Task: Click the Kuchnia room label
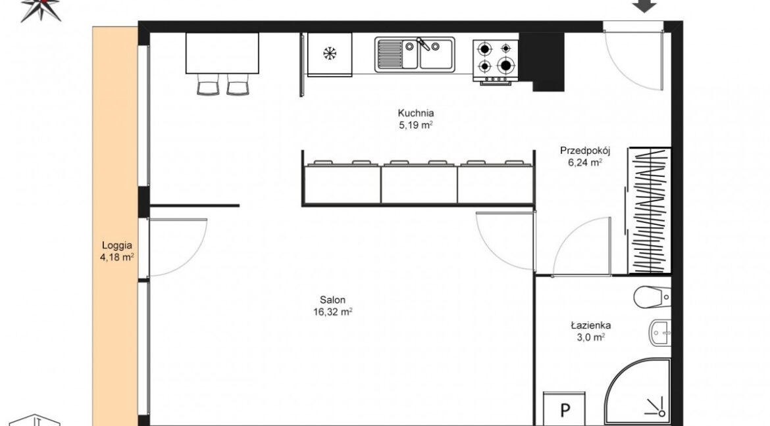(x=415, y=113)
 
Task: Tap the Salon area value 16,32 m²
(x=332, y=311)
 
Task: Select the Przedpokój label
(x=585, y=151)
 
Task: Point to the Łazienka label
(x=591, y=325)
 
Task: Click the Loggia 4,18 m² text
(x=117, y=251)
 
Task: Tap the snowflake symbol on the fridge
(x=330, y=53)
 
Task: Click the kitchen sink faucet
(x=423, y=44)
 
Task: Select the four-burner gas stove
(x=496, y=62)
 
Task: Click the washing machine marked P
(x=564, y=409)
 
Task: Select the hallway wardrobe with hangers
(x=649, y=210)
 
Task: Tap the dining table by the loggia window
(x=222, y=53)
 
